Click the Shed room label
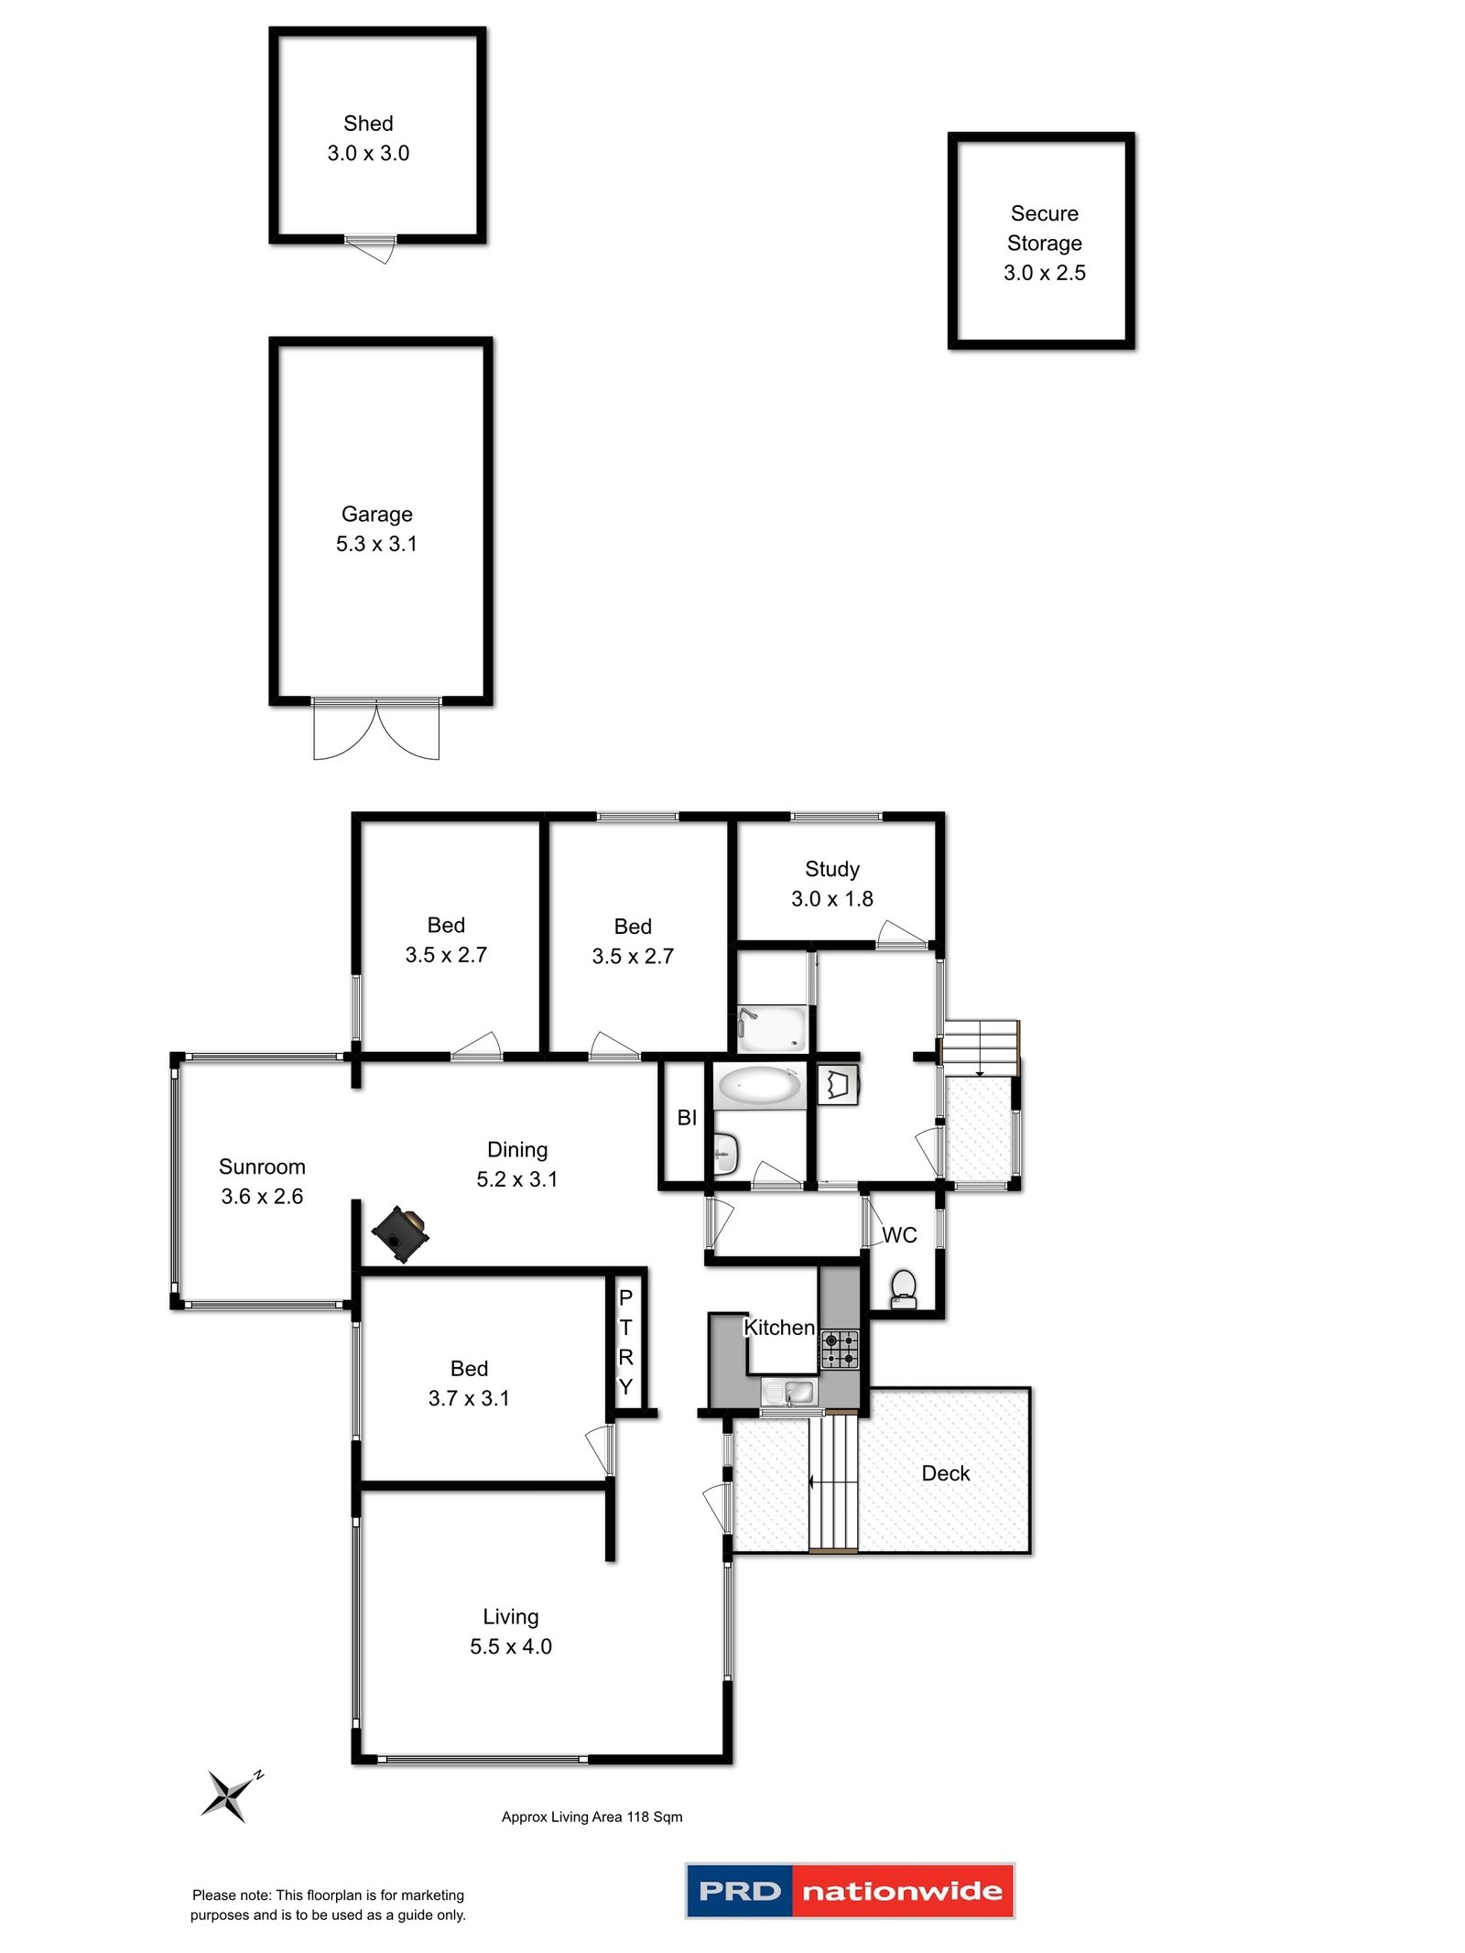pyautogui.click(x=368, y=124)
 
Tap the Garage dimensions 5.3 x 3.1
pyautogui.click(x=376, y=544)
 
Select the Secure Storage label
pyautogui.click(x=1044, y=228)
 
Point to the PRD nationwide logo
pyautogui.click(x=849, y=1891)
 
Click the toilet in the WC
pyautogui.click(x=903, y=1287)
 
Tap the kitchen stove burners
pyautogui.click(x=839, y=1349)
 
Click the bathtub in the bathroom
pyautogui.click(x=758, y=1086)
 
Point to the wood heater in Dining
pyautogui.click(x=400, y=1232)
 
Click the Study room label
pyautogui.click(x=831, y=869)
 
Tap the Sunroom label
pyautogui.click(x=262, y=1166)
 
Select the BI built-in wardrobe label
pyautogui.click(x=687, y=1117)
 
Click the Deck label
pyautogui.click(x=945, y=1473)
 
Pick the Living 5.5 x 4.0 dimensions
pyautogui.click(x=510, y=1646)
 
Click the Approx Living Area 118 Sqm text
pyautogui.click(x=591, y=1817)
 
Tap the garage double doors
pyautogui.click(x=376, y=729)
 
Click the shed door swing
pyautogui.click(x=373, y=249)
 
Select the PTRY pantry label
pyautogui.click(x=625, y=1341)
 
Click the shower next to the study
pyautogui.click(x=772, y=1028)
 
